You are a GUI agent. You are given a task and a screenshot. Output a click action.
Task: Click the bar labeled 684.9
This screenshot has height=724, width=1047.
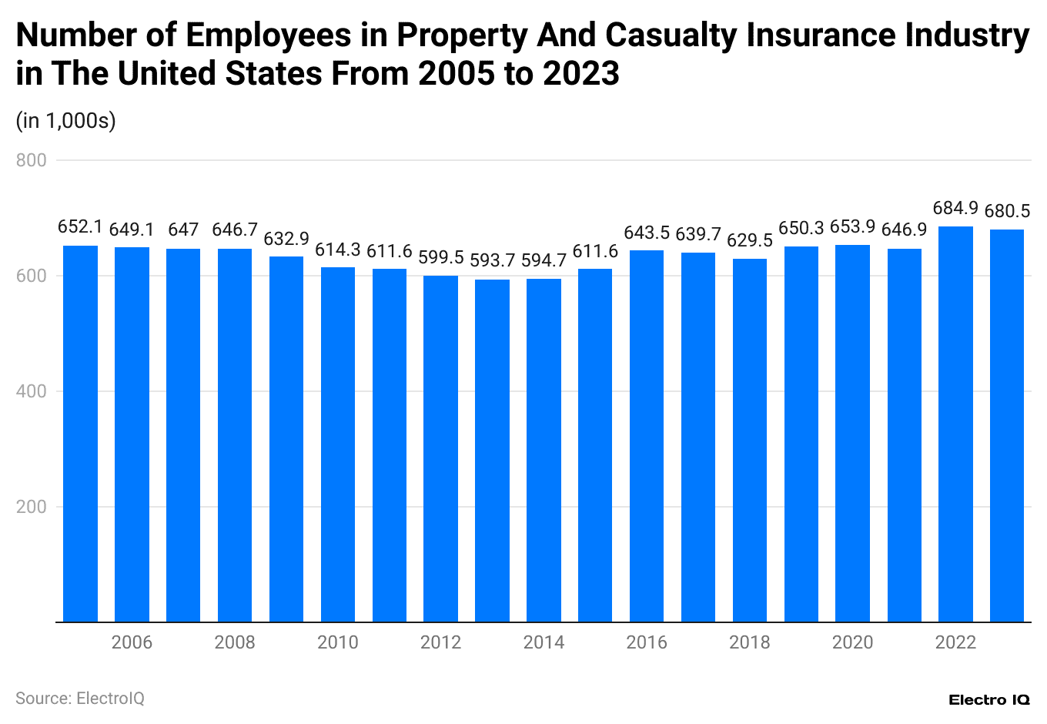[x=955, y=424]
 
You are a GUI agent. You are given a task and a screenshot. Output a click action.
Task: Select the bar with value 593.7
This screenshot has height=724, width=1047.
[x=492, y=451]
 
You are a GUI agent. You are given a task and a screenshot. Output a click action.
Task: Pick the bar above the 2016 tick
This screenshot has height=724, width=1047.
[x=647, y=436]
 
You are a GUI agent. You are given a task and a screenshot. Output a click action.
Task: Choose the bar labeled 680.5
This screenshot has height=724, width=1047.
[x=1007, y=425]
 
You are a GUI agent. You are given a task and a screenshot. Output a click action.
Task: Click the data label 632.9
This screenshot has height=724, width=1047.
[x=286, y=239]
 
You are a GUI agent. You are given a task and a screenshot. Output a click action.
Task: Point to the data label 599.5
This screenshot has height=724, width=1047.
[x=440, y=257]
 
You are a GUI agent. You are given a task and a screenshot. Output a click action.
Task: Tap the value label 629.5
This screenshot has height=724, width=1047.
[x=750, y=241]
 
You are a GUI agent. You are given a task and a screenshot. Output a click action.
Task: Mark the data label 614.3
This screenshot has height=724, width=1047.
[x=338, y=250]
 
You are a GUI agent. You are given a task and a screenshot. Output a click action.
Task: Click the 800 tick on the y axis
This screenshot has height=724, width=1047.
[x=32, y=160]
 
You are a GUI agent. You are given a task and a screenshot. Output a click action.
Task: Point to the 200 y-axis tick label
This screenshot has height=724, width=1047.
[x=32, y=507]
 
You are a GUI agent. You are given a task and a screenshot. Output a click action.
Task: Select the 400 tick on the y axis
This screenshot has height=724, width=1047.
[x=32, y=391]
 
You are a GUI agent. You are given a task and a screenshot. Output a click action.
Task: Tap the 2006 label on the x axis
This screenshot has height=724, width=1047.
[x=132, y=642]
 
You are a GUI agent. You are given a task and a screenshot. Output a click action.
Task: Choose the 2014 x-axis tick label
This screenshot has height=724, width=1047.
[x=544, y=642]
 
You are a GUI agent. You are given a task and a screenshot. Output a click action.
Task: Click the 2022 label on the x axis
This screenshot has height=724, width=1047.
[x=955, y=642]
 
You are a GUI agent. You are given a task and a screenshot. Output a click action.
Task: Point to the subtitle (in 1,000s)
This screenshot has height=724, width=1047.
[x=65, y=121]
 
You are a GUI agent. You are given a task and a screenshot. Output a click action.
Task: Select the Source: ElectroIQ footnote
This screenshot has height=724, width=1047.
[x=80, y=699]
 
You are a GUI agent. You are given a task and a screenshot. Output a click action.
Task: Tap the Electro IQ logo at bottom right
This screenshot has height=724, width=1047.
[x=988, y=699]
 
